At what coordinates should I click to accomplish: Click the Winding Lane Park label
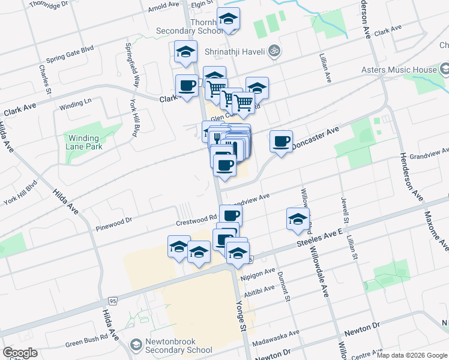[83, 142]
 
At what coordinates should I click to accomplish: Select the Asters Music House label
[399, 70]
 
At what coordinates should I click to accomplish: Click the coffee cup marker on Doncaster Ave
[281, 142]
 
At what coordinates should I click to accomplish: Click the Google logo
[20, 352]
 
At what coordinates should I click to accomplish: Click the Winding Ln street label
[74, 104]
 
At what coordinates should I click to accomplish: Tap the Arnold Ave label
[164, 7]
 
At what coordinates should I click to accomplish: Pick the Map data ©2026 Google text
[411, 355]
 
